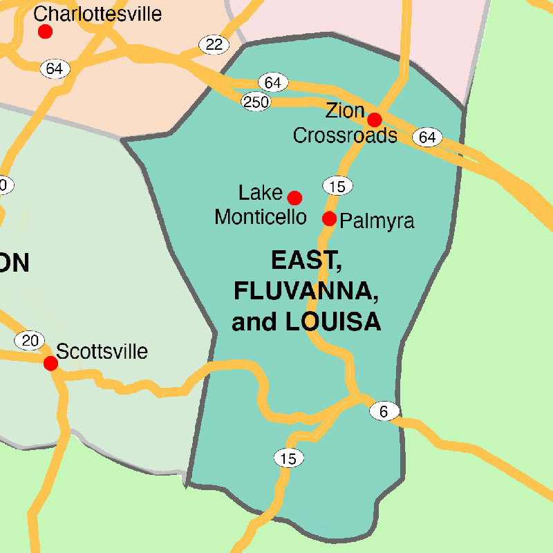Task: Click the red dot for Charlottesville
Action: (x=45, y=31)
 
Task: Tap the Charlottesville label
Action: (x=97, y=13)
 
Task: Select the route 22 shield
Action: (x=214, y=45)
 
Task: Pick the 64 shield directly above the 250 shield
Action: (x=273, y=83)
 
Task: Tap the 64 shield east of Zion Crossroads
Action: (x=427, y=137)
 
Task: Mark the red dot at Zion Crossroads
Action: (x=374, y=120)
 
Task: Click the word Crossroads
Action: (x=345, y=135)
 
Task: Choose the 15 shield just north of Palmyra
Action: (x=337, y=185)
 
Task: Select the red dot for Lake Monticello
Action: (x=294, y=198)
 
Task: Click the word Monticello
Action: (x=260, y=217)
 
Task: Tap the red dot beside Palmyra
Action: (x=330, y=219)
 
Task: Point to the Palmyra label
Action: (x=377, y=221)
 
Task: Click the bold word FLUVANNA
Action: (x=306, y=291)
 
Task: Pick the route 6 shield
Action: (x=384, y=411)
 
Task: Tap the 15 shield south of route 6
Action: (x=288, y=458)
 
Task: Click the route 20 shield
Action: (x=30, y=340)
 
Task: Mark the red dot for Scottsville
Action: (x=50, y=363)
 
